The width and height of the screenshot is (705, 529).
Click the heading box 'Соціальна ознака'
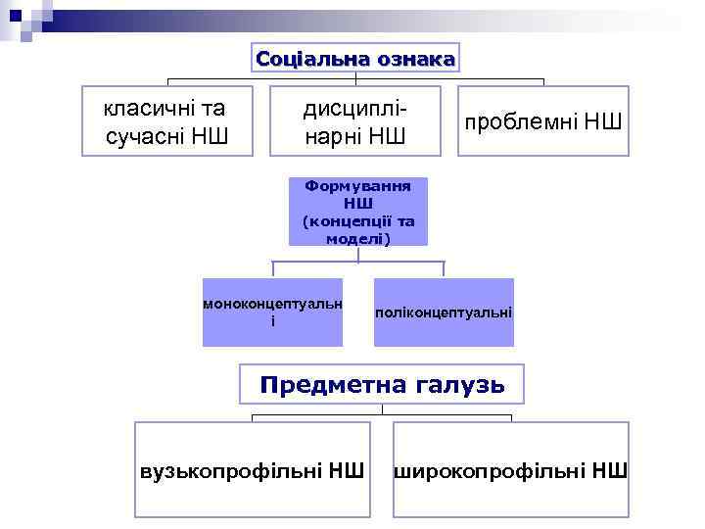pyautogui.click(x=355, y=59)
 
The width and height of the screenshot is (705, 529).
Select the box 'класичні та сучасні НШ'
pyautogui.click(x=167, y=120)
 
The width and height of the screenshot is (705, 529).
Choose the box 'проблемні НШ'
pyautogui.click(x=543, y=121)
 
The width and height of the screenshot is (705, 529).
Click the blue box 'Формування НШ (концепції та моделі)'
pyautogui.click(x=358, y=211)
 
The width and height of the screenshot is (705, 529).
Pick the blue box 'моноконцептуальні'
pyautogui.click(x=273, y=313)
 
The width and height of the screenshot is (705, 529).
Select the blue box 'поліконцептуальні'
pyautogui.click(x=444, y=313)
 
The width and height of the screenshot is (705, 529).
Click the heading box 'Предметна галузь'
pyautogui.click(x=382, y=385)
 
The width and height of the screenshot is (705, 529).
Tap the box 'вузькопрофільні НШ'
pyautogui.click(x=253, y=469)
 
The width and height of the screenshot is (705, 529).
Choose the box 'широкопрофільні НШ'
pyautogui.click(x=511, y=469)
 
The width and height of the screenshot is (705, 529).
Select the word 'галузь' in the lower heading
pyautogui.click(x=458, y=385)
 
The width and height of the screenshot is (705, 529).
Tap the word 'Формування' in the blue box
pyautogui.click(x=358, y=184)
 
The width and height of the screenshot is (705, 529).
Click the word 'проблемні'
pyautogui.click(x=521, y=122)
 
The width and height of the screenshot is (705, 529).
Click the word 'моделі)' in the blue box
pyautogui.click(x=358, y=237)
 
